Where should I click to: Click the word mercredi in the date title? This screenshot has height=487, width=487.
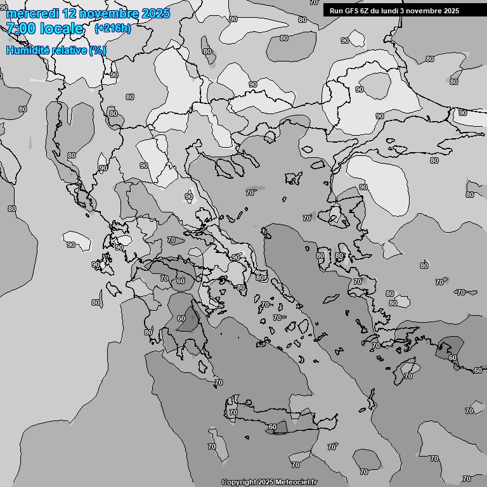(x=31, y=13)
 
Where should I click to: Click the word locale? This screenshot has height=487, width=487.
(x=62, y=29)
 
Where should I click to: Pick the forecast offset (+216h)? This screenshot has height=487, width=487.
(x=113, y=29)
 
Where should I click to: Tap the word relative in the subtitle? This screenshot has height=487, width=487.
(x=68, y=50)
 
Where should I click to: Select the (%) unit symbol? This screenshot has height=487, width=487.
(x=98, y=50)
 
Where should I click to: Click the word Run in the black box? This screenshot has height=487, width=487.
(x=336, y=11)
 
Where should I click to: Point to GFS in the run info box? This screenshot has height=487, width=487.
(x=351, y=11)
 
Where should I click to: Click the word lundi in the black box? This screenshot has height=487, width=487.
(x=395, y=11)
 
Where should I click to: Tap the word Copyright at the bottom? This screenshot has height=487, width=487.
(x=238, y=482)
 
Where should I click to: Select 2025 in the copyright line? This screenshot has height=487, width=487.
(x=266, y=482)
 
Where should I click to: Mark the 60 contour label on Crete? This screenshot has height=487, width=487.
(x=272, y=427)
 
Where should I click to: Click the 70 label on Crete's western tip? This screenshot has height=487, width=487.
(x=233, y=412)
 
